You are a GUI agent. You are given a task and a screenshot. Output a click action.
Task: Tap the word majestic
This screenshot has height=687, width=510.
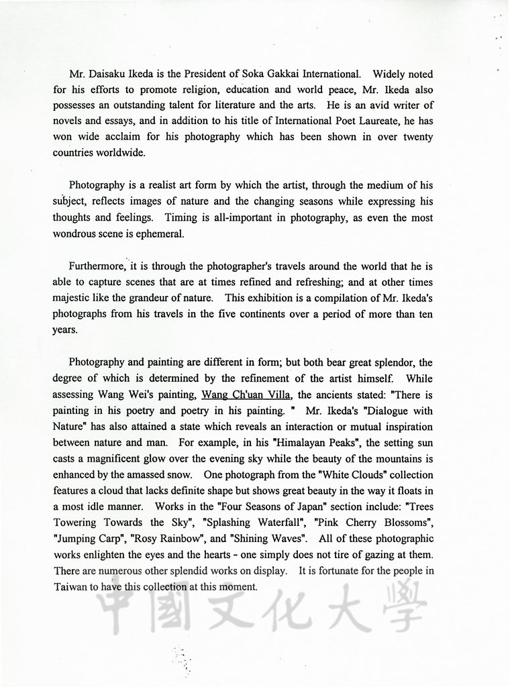click(x=71, y=298)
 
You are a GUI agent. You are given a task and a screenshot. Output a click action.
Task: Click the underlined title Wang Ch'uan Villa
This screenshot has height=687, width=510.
click(x=246, y=395)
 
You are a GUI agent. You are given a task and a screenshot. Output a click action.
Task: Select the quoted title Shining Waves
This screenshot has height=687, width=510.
click(x=268, y=539)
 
